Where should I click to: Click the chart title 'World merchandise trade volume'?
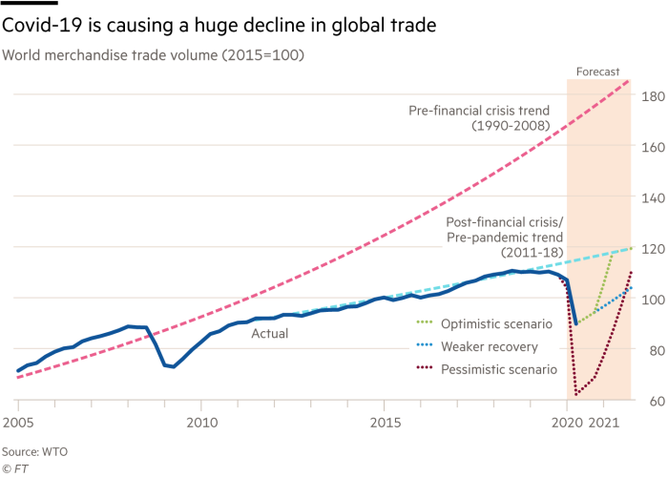coord(153,55)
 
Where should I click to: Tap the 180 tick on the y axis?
coord(652,96)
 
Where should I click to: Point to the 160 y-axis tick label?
coord(652,147)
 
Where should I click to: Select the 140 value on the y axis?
coord(652,197)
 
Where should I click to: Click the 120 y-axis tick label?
coord(652,248)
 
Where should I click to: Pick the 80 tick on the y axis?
coord(652,350)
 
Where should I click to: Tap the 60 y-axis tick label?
coord(652,401)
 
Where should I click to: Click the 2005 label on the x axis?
coord(17,421)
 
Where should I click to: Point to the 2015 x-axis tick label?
coord(385,421)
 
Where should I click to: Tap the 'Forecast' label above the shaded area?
coord(598,71)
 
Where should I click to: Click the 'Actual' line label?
coord(269,335)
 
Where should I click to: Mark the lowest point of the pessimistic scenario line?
coord(575,393)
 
